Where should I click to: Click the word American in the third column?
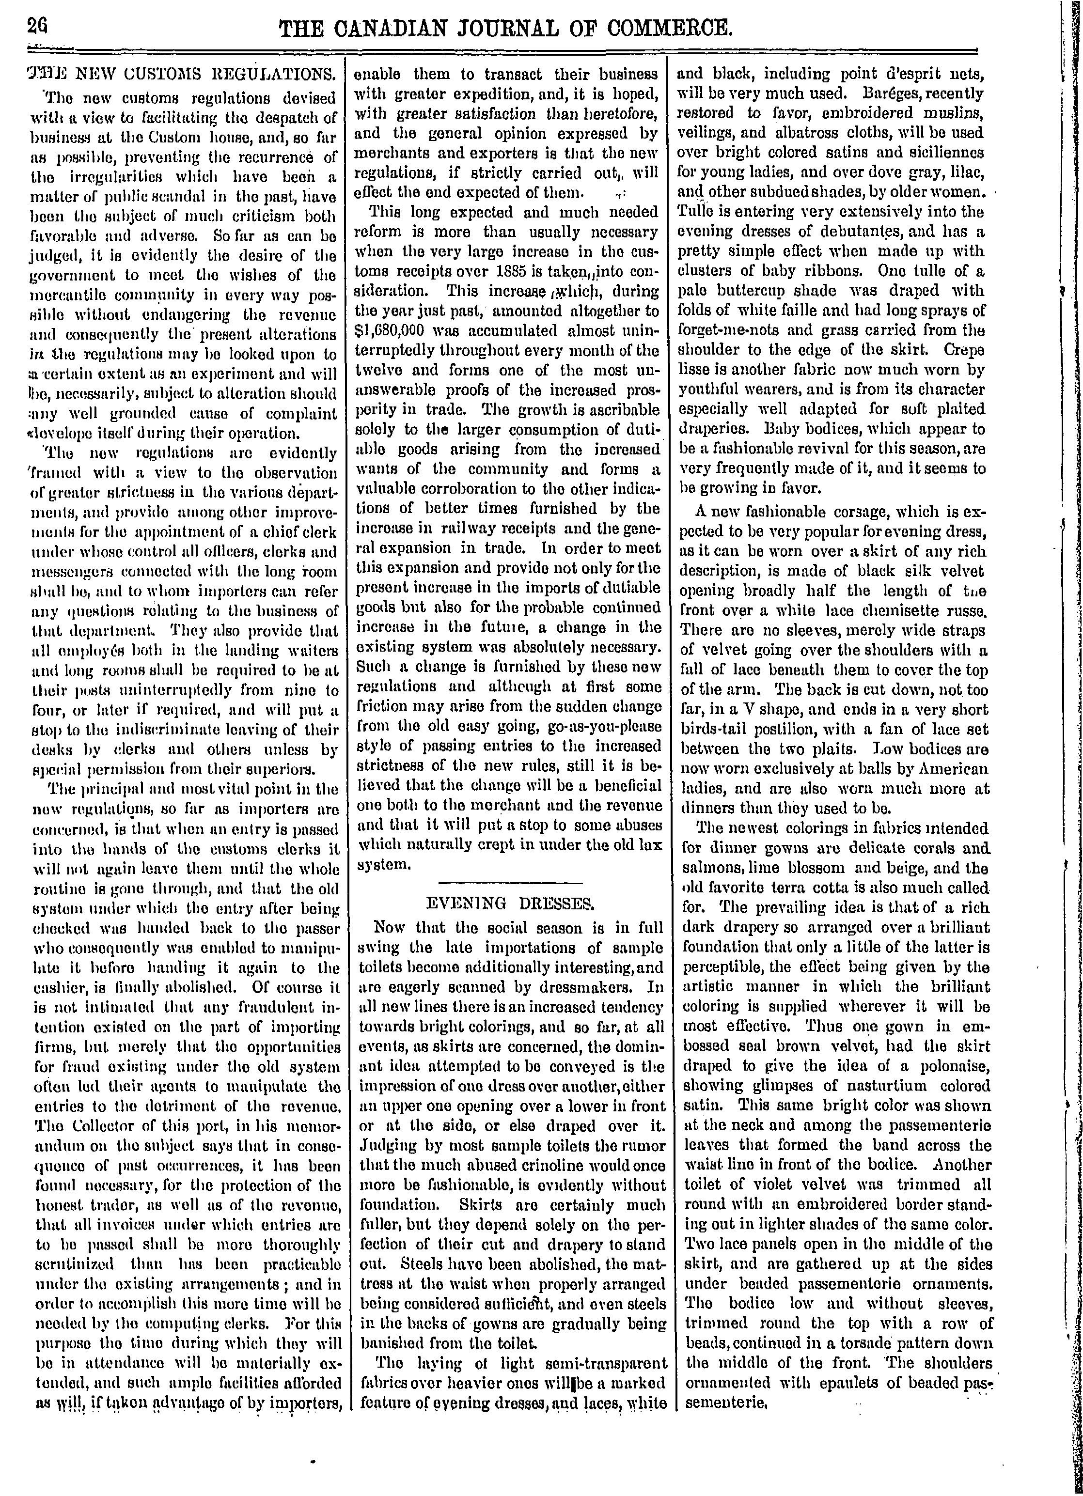[956, 768]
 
